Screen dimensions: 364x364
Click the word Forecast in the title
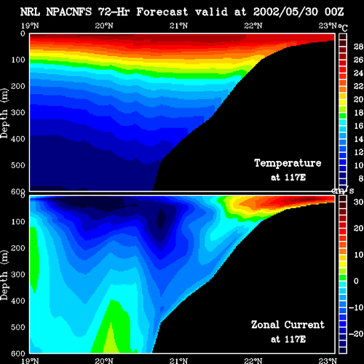pos(162,12)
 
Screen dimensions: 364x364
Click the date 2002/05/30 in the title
pos(285,12)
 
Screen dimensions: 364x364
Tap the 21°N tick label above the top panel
pos(178,25)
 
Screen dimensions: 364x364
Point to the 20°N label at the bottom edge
pos(104,361)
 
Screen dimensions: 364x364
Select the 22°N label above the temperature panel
pos(253,25)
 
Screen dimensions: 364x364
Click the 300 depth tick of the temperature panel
pos(18,113)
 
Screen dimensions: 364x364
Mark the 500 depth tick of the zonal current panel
pos(18,327)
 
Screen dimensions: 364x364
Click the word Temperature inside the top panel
pos(288,163)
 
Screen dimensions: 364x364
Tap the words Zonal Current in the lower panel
pos(288,325)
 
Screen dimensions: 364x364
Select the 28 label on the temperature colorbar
pos(358,47)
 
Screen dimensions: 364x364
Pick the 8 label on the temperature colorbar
pos(360,178)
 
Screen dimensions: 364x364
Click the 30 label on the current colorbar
pos(358,202)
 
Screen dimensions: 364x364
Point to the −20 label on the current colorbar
pos(356,334)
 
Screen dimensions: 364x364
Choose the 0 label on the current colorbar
pos(356,281)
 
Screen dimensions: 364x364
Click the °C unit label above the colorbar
pos(343,28)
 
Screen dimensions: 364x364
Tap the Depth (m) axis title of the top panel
pos(4,114)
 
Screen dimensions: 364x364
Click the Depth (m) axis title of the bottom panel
pos(4,275)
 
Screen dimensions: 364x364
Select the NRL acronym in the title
pos(30,12)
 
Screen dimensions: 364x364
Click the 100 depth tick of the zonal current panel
pos(18,221)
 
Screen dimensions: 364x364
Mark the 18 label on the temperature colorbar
pos(358,113)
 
